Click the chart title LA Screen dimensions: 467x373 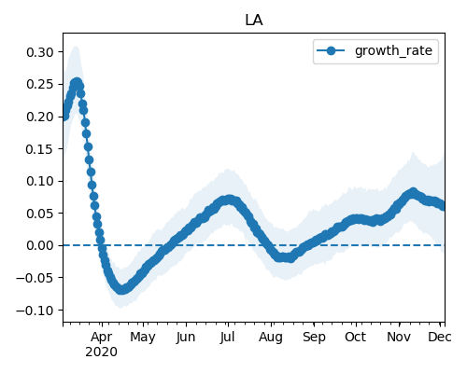[x=254, y=21]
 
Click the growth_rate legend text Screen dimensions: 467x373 [x=393, y=50]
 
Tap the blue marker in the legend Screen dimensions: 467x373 [x=331, y=50]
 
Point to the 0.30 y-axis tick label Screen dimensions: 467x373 [x=40, y=52]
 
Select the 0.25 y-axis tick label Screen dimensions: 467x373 [x=40, y=84]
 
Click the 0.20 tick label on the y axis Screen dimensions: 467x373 [x=40, y=117]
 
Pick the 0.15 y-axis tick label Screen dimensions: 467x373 [x=40, y=149]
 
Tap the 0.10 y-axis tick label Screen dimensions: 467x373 [x=40, y=181]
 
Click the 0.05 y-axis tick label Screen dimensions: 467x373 [x=40, y=214]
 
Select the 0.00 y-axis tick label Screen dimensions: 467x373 [x=40, y=245]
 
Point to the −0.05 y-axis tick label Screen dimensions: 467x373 [x=35, y=278]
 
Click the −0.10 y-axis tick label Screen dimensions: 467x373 [x=35, y=311]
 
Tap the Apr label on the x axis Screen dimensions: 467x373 [x=102, y=338]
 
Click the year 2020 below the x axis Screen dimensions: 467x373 [x=102, y=352]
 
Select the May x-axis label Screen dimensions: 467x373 [x=143, y=338]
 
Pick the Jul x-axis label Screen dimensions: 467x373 [x=227, y=338]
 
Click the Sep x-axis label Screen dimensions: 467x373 [x=314, y=338]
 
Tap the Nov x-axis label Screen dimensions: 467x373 [x=399, y=338]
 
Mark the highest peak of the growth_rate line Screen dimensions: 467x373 [x=77, y=83]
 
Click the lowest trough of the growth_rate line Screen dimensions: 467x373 [x=121, y=289]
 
